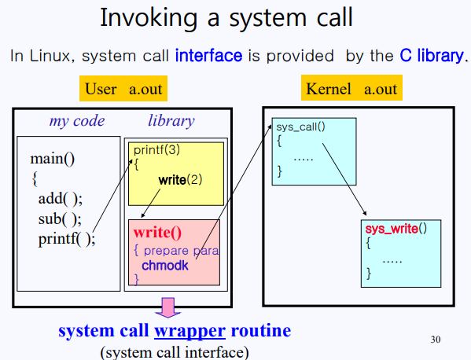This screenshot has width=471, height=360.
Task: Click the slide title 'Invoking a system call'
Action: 235,17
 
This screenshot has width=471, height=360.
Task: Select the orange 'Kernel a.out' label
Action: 351,88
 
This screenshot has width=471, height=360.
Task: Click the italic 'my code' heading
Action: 76,121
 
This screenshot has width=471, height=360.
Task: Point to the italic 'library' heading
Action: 171,121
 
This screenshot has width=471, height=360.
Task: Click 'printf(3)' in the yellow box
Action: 156,150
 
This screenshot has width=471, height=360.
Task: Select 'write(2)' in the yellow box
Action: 180,179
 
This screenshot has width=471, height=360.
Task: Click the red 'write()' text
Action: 157,233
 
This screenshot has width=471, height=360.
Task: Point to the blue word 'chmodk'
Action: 165,266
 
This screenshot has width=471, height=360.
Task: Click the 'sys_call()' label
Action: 300,127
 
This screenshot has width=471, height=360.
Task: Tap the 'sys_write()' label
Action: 396,229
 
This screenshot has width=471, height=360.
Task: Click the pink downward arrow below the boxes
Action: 167,307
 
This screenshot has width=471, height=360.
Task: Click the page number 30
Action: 437,340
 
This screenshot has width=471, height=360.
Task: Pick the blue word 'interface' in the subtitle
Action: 208,56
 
